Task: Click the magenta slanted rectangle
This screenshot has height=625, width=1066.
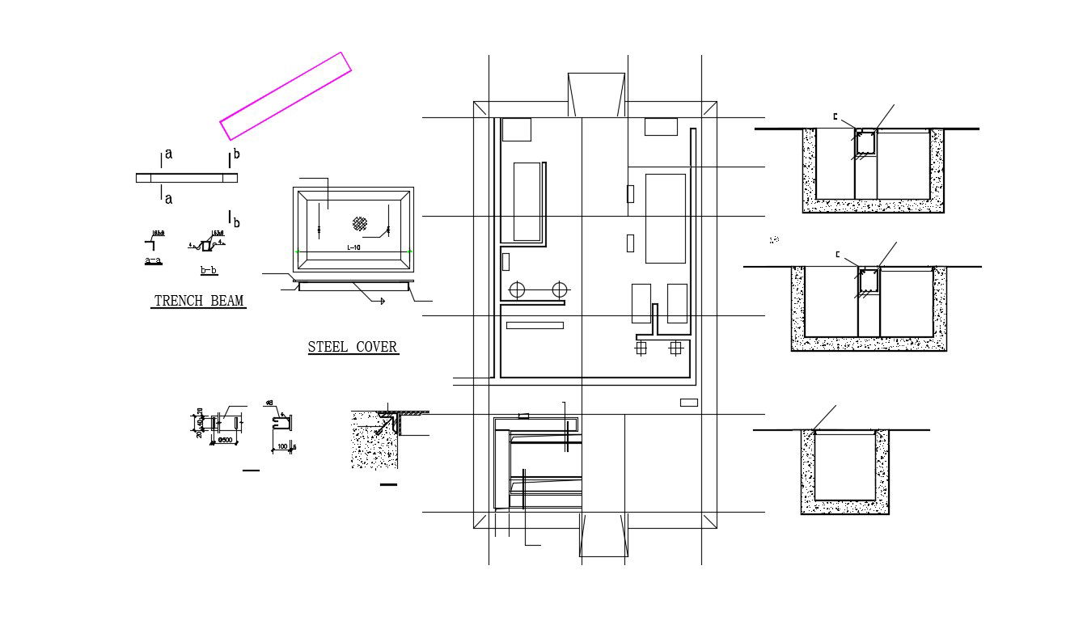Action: coord(286,95)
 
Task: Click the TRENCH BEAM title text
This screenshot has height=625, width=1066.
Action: coord(199,302)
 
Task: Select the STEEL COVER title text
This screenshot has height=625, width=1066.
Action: coord(353,348)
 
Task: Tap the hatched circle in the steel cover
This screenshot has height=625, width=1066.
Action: coord(360,223)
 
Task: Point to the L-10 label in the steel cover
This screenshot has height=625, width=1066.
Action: coord(353,247)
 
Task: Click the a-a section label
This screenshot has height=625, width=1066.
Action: coord(153,260)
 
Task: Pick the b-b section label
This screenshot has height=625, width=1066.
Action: coord(208,269)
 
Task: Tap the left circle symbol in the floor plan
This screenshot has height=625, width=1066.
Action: coord(518,289)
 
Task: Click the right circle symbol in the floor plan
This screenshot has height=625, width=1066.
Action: coord(560,289)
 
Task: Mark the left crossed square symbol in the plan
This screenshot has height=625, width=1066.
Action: coord(641,348)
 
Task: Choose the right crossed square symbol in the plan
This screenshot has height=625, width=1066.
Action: coord(675,348)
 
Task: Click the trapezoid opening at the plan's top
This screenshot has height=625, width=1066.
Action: coord(596,94)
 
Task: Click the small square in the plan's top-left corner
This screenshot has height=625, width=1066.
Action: coord(516,129)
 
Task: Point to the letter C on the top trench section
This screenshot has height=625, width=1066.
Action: coord(835,116)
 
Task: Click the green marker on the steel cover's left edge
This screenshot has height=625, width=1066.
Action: coord(297,251)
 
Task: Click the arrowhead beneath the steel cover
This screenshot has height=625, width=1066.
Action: coord(380,301)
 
